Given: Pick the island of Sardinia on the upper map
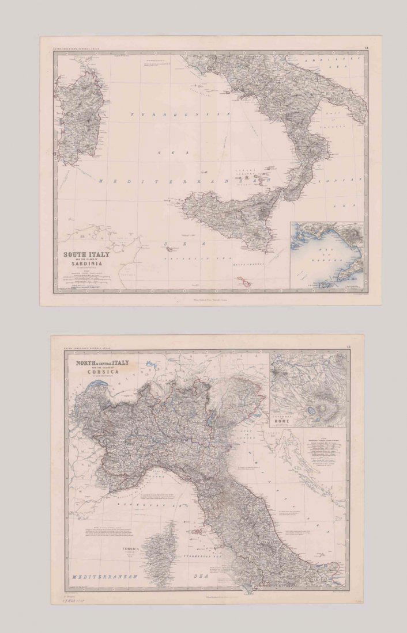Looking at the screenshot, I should (x=81, y=115).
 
